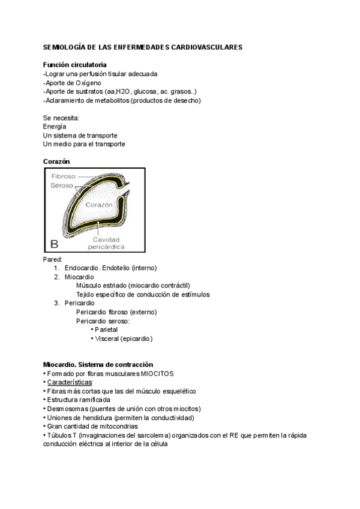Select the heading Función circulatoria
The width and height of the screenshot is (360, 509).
75,64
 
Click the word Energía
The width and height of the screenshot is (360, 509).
55,127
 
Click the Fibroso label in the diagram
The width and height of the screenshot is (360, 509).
63,176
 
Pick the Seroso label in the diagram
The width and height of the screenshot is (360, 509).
62,185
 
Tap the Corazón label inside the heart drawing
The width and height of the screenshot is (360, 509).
99,205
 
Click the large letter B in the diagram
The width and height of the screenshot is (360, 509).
54,244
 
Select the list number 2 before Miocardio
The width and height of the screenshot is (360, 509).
56,277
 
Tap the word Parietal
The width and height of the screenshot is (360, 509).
106,330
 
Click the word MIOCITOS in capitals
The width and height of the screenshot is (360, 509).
157,373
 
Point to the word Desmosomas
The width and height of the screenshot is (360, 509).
66,409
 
